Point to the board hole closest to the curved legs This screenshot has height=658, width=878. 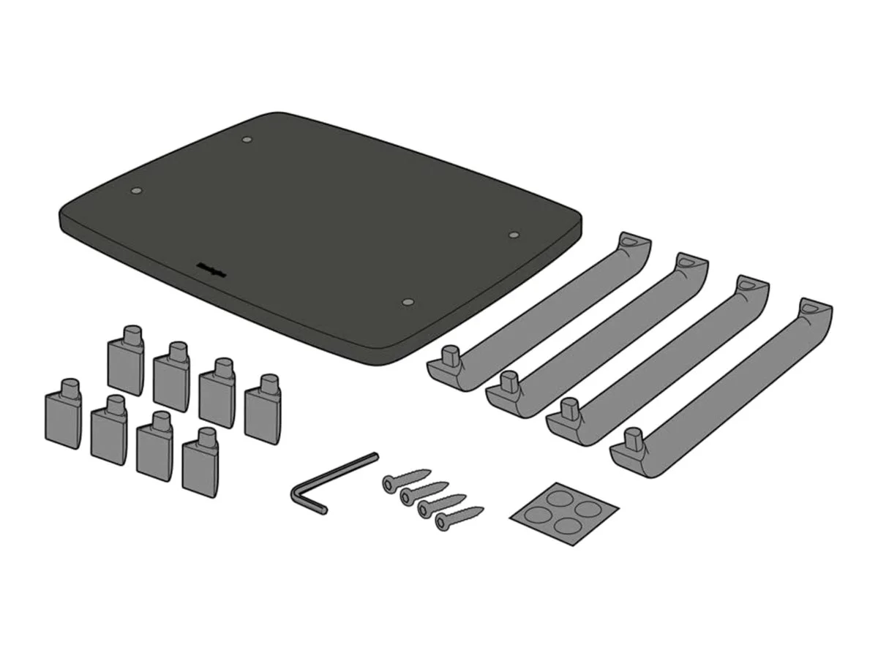click(x=514, y=235)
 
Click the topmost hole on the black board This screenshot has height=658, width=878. click(x=247, y=138)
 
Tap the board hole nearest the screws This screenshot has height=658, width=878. click(x=408, y=301)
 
